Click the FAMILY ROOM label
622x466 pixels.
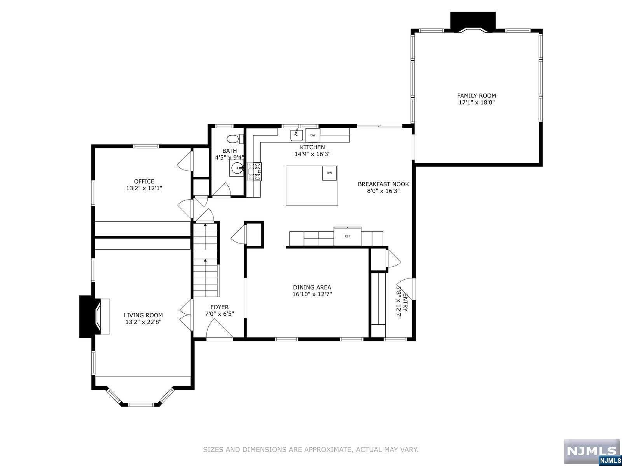[x=476, y=96]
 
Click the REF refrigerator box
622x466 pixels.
[x=347, y=236]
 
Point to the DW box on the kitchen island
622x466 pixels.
[x=329, y=173]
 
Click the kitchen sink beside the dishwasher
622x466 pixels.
[x=297, y=135]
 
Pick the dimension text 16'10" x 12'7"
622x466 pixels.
[x=312, y=294]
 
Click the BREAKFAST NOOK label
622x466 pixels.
[x=383, y=184]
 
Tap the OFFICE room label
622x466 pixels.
[x=144, y=181]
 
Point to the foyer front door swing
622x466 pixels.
[x=218, y=330]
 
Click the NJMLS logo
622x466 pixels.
[x=592, y=451]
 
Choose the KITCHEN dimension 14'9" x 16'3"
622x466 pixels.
[x=312, y=154]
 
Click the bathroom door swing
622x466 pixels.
[x=222, y=190]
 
